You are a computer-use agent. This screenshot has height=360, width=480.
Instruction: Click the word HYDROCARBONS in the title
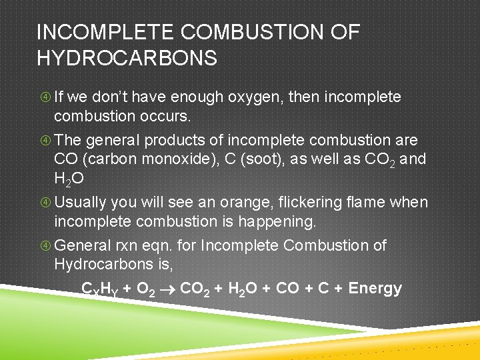coord(127,58)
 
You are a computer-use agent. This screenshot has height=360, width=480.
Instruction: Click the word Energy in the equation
coord(375,289)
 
